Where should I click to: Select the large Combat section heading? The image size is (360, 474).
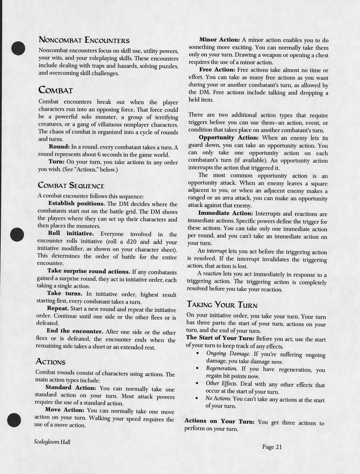tap(56, 90)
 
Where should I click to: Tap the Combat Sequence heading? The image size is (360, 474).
tap(71, 186)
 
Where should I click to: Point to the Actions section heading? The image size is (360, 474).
tap(50, 362)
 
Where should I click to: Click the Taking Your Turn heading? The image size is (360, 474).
tap(222, 305)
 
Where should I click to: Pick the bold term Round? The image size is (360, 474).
tap(59, 147)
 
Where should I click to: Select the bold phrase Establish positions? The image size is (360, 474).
tap(76, 204)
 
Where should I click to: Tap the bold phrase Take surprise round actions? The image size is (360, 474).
tap(89, 271)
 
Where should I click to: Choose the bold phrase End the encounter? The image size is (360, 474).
tap(75, 331)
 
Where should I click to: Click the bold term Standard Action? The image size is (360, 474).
tap(70, 388)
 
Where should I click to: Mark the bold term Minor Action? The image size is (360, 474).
tap(219, 40)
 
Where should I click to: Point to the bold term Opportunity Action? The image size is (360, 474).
tap(229, 138)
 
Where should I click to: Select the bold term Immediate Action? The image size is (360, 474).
tap(225, 213)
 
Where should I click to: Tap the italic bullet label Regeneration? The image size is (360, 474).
tap(221, 369)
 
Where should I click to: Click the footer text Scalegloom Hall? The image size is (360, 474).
tap(52, 442)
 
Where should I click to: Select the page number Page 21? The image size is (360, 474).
tap(272, 447)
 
